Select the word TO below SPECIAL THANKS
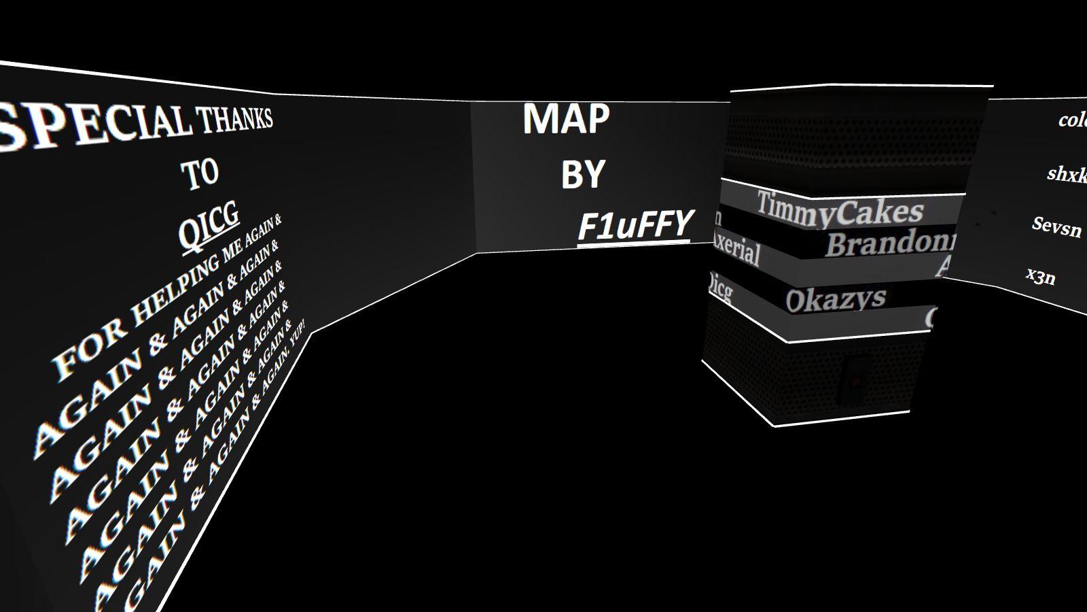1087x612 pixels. (200, 173)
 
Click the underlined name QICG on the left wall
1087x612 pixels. (209, 224)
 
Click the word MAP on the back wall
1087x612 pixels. (566, 120)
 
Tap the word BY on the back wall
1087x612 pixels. (583, 175)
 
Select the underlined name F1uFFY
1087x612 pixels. (635, 226)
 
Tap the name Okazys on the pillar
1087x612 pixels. (836, 299)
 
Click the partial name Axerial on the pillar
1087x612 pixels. (736, 250)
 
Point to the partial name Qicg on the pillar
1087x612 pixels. (720, 288)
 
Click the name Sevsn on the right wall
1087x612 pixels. (1056, 226)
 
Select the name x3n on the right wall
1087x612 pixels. (1040, 276)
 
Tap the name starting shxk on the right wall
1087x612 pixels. (1067, 174)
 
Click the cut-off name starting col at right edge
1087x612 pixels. (1072, 121)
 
